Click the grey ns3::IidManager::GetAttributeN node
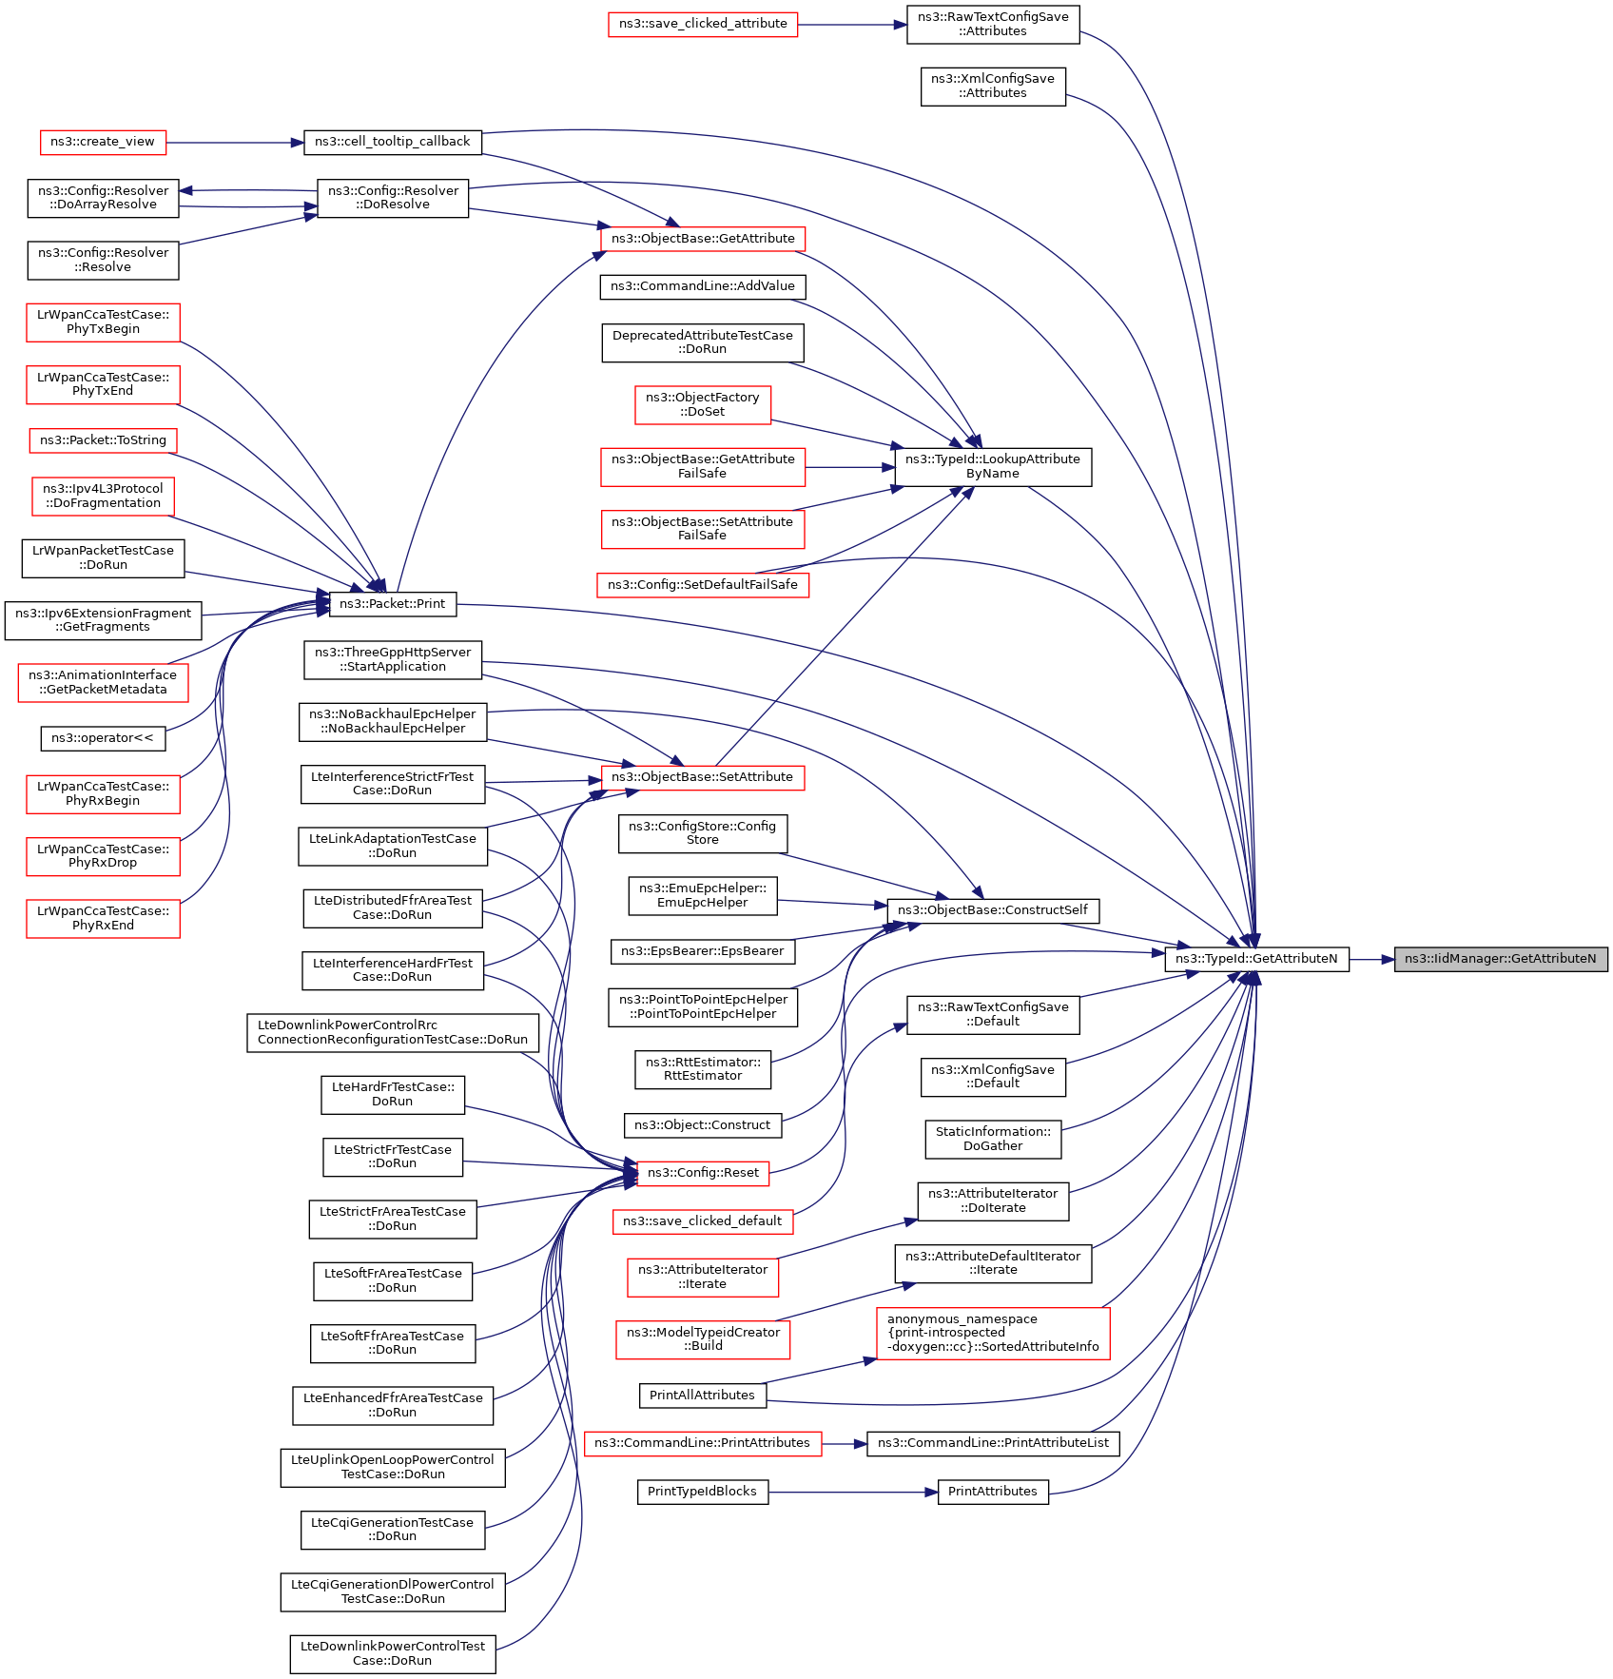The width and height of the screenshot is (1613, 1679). pos(1500,959)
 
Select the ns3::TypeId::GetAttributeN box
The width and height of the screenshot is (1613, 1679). pos(1255,959)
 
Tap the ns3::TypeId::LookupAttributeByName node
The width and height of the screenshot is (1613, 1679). pos(992,466)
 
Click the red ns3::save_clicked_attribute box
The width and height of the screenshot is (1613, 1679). pos(703,24)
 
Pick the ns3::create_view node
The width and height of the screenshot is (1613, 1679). pos(102,142)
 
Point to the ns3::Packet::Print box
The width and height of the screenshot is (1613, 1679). pos(392,603)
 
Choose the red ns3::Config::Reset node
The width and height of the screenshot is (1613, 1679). pos(702,1173)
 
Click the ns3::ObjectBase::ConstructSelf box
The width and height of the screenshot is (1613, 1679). pos(992,910)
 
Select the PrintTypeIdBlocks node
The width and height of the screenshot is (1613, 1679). pos(702,1492)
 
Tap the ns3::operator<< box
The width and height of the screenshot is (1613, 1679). pos(102,738)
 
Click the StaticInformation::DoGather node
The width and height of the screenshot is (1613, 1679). pos(992,1139)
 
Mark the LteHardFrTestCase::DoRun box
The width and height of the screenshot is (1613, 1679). pos(392,1094)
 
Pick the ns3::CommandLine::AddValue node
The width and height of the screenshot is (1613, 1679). pos(702,286)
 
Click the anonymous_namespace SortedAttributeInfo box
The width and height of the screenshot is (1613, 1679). pos(992,1333)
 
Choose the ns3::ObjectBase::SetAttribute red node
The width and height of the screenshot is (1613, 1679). pos(702,777)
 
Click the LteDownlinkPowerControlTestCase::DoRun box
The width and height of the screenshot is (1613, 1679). pos(392,1653)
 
